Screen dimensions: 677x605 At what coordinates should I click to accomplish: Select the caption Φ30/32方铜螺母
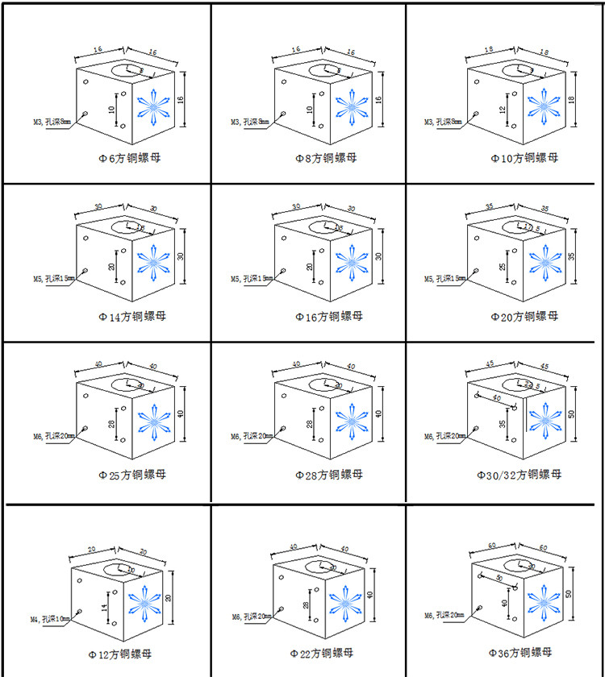526,474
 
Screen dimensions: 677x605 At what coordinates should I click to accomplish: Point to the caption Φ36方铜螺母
520,651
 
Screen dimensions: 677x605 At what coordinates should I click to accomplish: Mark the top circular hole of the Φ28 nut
323,384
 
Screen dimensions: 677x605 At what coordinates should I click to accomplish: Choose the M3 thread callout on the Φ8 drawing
248,123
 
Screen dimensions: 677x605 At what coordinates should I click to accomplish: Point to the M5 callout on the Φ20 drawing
444,279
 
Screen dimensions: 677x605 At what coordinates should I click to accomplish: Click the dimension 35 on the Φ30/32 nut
501,422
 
